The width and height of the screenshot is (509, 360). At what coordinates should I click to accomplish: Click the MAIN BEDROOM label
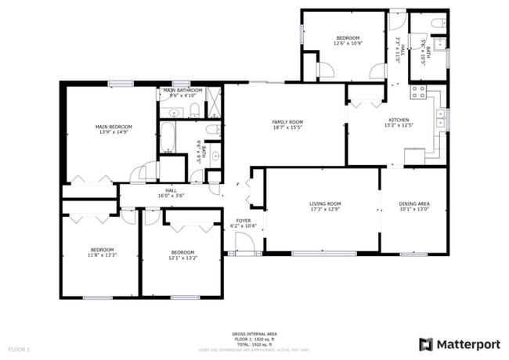pos(114,127)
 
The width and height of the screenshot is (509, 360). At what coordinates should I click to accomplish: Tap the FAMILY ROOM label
pos(287,122)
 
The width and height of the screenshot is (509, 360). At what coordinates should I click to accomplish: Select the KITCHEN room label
pos(398,120)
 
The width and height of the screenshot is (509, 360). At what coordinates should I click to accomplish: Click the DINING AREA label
pos(413,204)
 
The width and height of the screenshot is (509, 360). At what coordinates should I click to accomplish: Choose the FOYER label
pos(244,221)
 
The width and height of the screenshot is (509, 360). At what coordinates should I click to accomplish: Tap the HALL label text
pos(171,189)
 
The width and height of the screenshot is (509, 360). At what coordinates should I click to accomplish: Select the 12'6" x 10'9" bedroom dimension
pos(348,44)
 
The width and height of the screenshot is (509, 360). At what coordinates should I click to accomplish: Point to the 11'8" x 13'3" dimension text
pos(101,254)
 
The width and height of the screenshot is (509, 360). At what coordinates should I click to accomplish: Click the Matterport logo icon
pos(426,344)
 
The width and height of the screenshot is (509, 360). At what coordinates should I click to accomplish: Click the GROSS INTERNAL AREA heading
pos(254,333)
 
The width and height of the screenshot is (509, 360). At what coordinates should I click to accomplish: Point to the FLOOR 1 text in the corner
pos(19,347)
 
